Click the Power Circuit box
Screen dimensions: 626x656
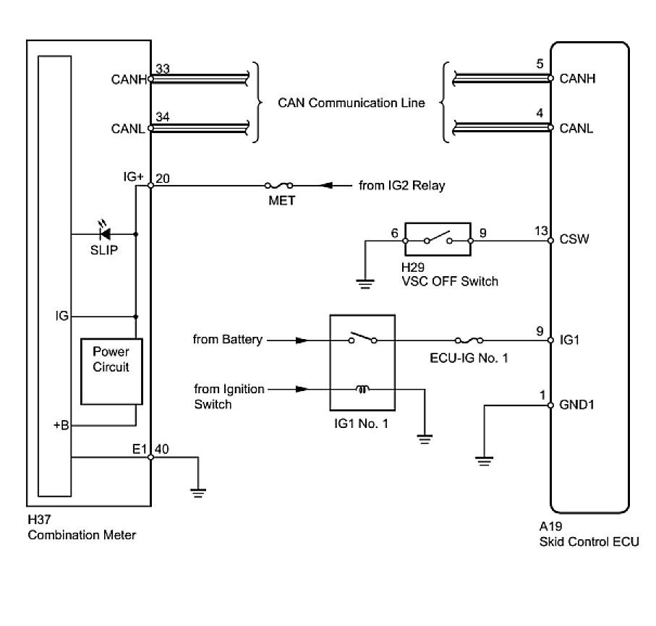(111, 370)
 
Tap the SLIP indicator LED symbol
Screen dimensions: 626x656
(105, 233)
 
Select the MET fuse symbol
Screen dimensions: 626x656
(280, 186)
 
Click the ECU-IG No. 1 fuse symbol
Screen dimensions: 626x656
(469, 339)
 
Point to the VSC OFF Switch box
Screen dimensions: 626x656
(438, 239)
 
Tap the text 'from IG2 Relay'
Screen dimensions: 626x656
(402, 186)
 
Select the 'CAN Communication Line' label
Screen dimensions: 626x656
(351, 103)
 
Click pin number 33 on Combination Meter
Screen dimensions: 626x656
(163, 69)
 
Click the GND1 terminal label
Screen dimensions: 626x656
(576, 405)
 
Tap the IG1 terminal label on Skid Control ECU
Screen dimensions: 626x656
(570, 339)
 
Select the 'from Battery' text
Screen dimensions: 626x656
(228, 339)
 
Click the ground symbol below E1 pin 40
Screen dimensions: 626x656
(197, 492)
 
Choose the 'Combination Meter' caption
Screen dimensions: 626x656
(82, 535)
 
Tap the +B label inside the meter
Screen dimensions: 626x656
(61, 426)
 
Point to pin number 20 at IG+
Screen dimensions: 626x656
(163, 177)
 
